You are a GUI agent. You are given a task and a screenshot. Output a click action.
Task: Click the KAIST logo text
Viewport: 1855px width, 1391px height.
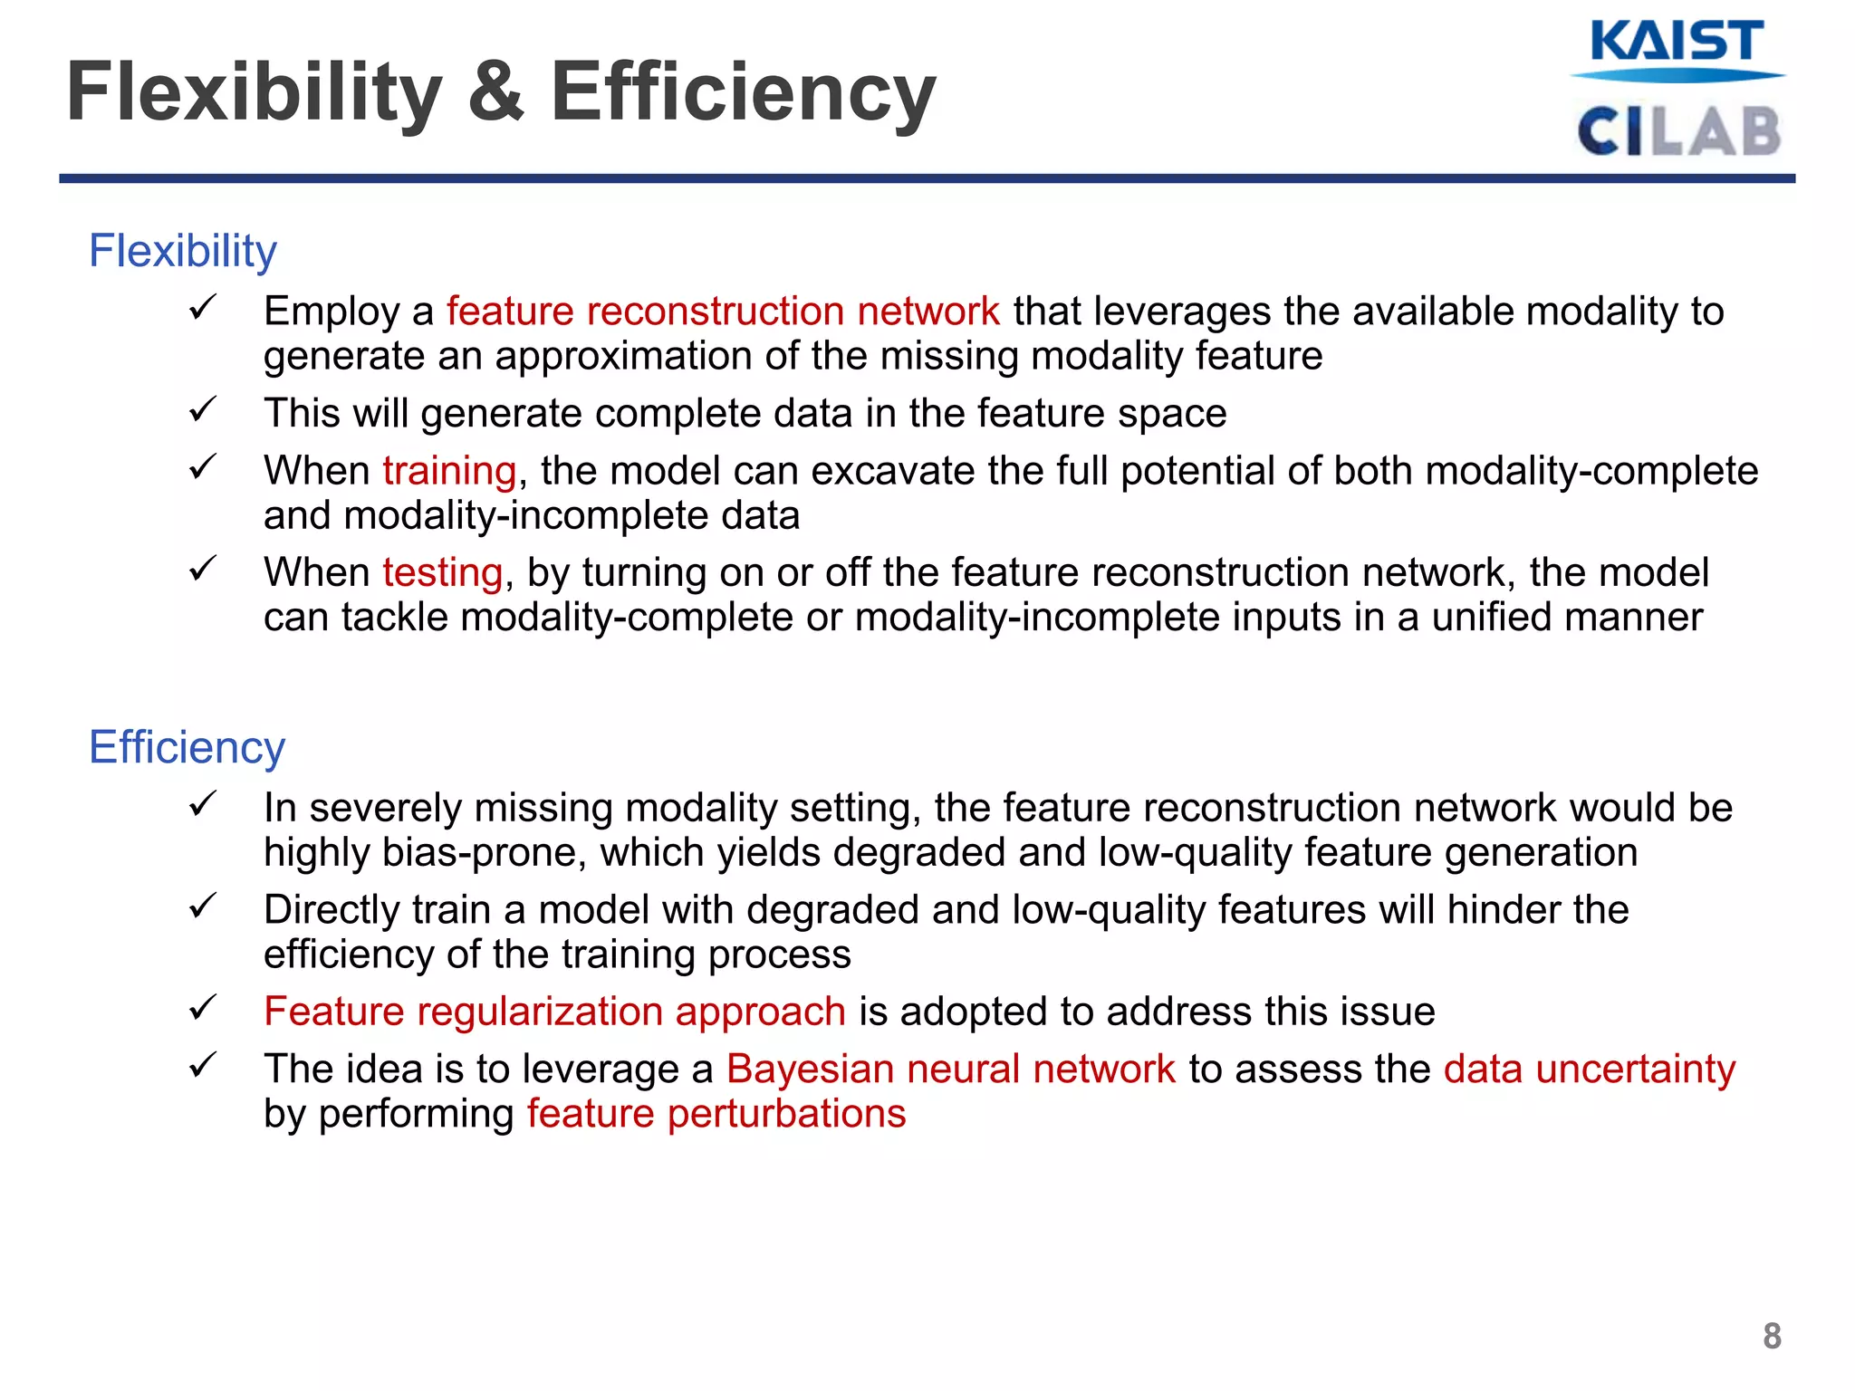tap(1677, 43)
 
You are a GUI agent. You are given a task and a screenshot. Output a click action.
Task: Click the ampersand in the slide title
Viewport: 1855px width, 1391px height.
tap(496, 92)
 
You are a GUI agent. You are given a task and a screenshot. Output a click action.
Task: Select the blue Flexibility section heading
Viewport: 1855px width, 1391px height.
tap(182, 251)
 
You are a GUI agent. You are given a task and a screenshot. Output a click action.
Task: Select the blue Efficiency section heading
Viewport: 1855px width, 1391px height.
tap(187, 747)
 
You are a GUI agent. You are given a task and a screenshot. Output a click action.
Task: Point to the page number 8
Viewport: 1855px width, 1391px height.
tap(1772, 1337)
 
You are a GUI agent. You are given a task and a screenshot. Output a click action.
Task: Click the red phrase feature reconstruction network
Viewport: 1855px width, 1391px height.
tap(723, 312)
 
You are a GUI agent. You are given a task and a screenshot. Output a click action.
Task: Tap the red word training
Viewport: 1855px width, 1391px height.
tap(449, 471)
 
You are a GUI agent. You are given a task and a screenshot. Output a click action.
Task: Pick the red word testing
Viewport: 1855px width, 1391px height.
tap(442, 573)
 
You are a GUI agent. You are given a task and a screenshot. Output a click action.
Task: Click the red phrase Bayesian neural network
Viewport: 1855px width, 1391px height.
tap(950, 1070)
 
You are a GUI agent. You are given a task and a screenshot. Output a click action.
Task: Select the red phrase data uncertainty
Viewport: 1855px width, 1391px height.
tap(1589, 1070)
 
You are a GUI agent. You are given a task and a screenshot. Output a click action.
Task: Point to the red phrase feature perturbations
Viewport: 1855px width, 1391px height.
tap(716, 1114)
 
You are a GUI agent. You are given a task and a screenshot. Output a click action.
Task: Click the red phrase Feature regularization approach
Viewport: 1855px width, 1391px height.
tap(554, 1012)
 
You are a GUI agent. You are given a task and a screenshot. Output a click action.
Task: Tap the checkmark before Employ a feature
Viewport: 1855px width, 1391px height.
tap(201, 308)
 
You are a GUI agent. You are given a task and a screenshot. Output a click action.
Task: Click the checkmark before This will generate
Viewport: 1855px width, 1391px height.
tap(201, 410)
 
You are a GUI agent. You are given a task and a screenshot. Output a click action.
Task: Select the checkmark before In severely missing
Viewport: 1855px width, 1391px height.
tap(201, 804)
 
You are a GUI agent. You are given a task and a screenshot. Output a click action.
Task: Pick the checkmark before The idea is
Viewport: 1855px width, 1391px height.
tap(201, 1065)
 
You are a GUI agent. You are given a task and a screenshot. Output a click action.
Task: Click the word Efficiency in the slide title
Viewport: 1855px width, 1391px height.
tap(743, 92)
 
